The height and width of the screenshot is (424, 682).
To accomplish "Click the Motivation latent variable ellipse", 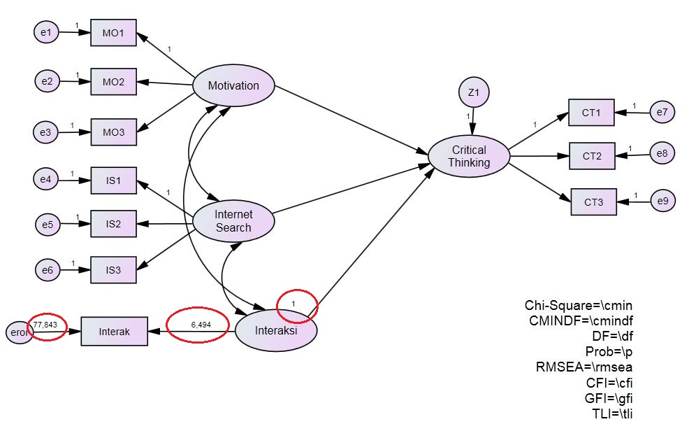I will point(233,86).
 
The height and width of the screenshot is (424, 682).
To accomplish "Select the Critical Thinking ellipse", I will point(469,156).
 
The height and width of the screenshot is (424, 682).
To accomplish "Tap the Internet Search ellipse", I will point(233,221).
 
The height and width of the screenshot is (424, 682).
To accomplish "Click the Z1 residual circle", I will point(473,92).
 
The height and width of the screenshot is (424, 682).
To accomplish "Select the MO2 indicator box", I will point(113,82).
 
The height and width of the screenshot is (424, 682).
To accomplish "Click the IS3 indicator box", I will point(113,269).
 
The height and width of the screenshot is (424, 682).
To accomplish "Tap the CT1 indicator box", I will point(591,112).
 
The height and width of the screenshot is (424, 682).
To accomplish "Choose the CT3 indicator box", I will point(593,202).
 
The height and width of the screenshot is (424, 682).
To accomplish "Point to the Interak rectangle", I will point(115,331).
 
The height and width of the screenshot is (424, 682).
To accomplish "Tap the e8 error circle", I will point(662,153).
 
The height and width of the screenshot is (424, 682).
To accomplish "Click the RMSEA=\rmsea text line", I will point(593,367).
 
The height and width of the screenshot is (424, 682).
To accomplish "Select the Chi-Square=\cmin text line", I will point(579,306).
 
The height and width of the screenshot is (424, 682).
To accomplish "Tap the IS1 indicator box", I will point(113,181).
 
